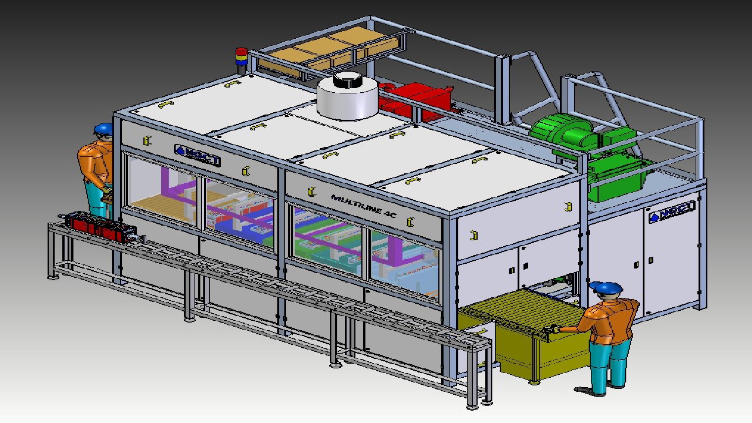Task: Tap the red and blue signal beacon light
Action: [241, 59]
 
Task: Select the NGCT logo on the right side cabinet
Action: [672, 211]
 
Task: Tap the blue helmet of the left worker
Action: [103, 128]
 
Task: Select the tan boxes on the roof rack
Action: [329, 50]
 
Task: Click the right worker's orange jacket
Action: [611, 320]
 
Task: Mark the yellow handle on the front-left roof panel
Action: [165, 105]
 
